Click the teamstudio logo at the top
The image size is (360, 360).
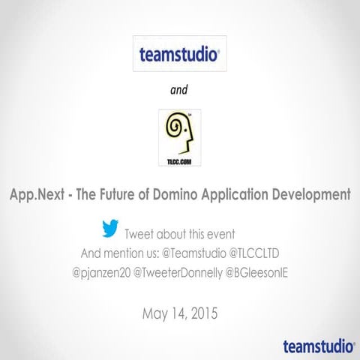(179, 54)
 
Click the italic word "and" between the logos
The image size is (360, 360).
(179, 91)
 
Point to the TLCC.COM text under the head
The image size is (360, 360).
(179, 160)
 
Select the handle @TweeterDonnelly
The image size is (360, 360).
(178, 270)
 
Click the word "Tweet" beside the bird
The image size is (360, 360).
(140, 232)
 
